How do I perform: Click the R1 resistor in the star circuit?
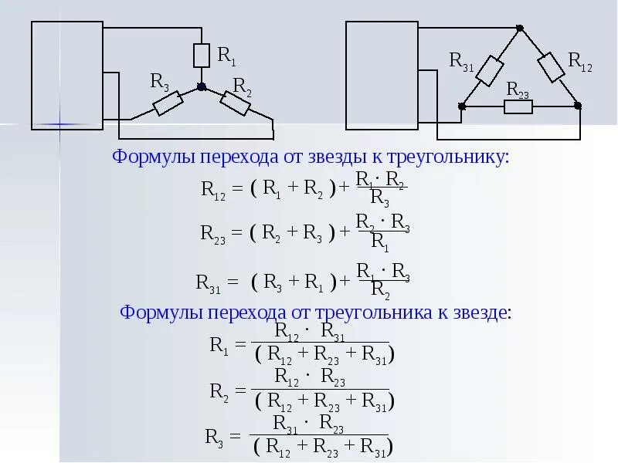click(x=202, y=56)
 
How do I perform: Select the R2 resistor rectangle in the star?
click(x=236, y=103)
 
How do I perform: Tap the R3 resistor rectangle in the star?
click(x=168, y=103)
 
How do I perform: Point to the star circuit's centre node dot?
click(x=202, y=87)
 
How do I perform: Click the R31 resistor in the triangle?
click(x=490, y=70)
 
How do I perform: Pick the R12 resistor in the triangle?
click(x=550, y=67)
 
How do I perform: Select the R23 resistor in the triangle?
click(x=518, y=106)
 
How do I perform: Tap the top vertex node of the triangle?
click(x=520, y=29)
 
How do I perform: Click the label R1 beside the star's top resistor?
click(x=227, y=55)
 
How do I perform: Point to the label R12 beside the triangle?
click(x=580, y=62)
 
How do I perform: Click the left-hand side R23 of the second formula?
click(x=212, y=232)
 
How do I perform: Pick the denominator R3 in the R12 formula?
click(x=380, y=198)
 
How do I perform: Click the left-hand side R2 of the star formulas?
click(x=217, y=391)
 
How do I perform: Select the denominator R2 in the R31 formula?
click(x=380, y=289)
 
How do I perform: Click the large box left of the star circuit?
click(x=67, y=75)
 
